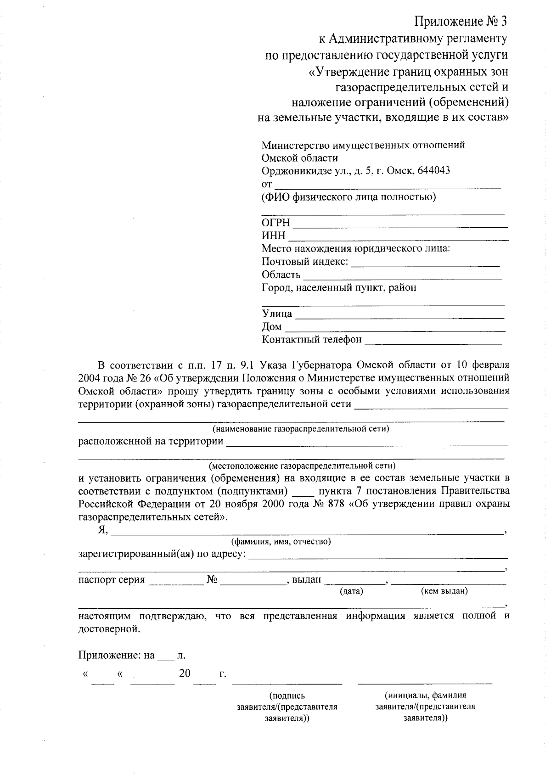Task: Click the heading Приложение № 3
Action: pos(461,22)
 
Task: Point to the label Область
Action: pos(281,275)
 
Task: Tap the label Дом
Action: pos(271,327)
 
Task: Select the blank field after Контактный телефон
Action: pos(433,342)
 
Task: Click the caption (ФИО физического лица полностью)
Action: pos(349,197)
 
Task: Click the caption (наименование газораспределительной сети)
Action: pos(300,429)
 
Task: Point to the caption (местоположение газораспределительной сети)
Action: pos(302,466)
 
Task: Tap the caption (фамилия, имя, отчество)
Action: pos(281,541)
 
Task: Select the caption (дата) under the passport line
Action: pos(351,591)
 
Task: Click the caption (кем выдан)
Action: pos(444,591)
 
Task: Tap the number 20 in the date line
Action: pos(185,673)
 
